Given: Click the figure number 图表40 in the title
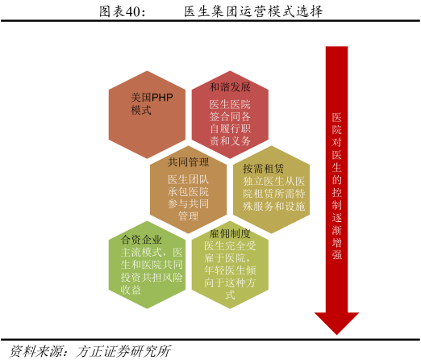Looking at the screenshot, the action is [122, 12].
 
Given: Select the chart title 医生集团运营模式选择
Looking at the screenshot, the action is [253, 12].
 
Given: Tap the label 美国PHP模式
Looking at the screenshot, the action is [152, 103].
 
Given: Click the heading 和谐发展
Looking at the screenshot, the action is [230, 87].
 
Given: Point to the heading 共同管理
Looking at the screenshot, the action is [188, 162].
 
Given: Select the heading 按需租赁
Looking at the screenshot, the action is [263, 169].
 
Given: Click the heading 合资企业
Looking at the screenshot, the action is [141, 240].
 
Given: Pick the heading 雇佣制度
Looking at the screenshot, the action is [230, 233].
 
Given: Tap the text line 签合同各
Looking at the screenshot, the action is [230, 117].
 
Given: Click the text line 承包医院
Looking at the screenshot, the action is [188, 192].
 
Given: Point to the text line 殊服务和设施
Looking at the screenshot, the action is [274, 207].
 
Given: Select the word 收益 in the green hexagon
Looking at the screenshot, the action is [131, 290].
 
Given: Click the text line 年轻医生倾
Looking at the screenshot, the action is [230, 270].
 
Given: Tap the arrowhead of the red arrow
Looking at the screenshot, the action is [336, 323].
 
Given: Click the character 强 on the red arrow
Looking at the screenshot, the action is [336, 254].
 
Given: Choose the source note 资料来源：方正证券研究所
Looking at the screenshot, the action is [90, 351].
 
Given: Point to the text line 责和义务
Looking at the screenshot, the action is [230, 140].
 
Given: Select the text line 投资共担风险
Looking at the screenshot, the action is [152, 278].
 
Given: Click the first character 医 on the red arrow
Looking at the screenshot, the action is [336, 117].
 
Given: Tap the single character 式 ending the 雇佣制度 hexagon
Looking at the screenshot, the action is [230, 295].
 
